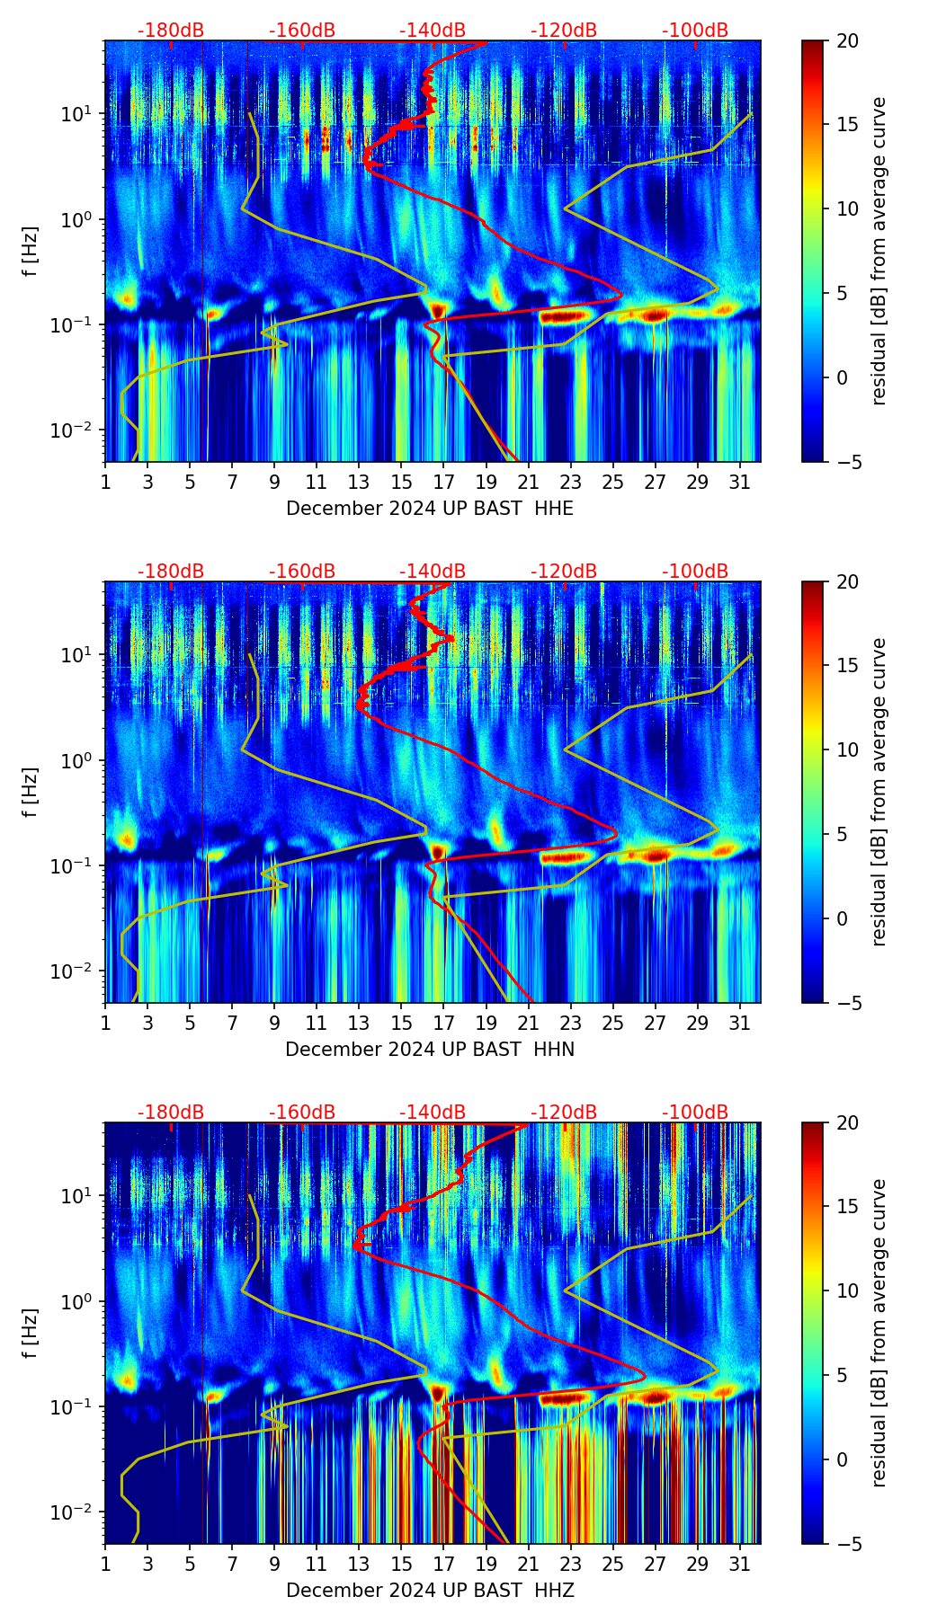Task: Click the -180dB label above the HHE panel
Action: [x=171, y=31]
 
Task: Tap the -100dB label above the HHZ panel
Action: [x=695, y=1113]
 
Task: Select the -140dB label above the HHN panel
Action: [x=433, y=572]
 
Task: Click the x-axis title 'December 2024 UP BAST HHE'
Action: [x=430, y=509]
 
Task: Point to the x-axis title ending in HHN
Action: [x=430, y=1050]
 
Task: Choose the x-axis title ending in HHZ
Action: [x=430, y=1591]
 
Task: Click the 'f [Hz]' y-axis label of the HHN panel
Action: [x=31, y=792]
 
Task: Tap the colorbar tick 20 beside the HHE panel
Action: [x=847, y=40]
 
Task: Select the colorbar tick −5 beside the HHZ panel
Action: [x=847, y=1544]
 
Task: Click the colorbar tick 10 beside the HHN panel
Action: [x=847, y=749]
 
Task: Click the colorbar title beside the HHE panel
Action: [x=879, y=251]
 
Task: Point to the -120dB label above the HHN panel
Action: [x=564, y=572]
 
